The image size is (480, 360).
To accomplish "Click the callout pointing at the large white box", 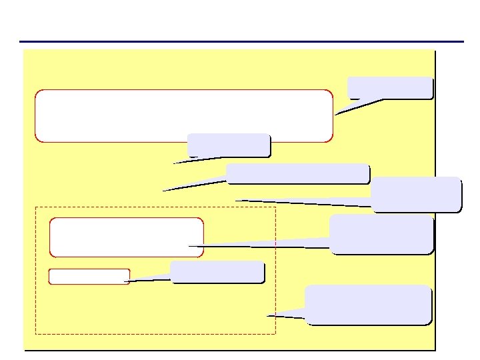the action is tap(390, 88).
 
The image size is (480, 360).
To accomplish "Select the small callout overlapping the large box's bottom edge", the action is tap(229, 145).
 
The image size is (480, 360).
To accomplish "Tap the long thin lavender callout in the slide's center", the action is tap(297, 174).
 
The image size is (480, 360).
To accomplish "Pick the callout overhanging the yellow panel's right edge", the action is tap(416, 194).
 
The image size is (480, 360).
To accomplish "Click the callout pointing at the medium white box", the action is tap(381, 234).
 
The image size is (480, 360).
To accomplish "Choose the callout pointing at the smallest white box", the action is tap(217, 272).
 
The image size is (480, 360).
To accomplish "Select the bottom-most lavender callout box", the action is tap(368, 305).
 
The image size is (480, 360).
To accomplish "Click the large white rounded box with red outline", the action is tap(183, 115).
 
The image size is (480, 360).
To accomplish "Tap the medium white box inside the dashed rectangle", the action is tap(126, 237).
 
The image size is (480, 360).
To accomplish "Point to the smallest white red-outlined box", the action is tap(89, 277).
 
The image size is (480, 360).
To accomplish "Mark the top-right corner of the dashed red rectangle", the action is tap(275, 207).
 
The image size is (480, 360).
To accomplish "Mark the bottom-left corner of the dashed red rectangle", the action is tap(35, 333).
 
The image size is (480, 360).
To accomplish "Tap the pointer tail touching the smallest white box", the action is tap(143, 279).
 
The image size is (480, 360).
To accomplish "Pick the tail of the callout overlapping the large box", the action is tap(193, 160).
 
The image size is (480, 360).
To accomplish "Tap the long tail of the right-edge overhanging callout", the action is tap(300, 202).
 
